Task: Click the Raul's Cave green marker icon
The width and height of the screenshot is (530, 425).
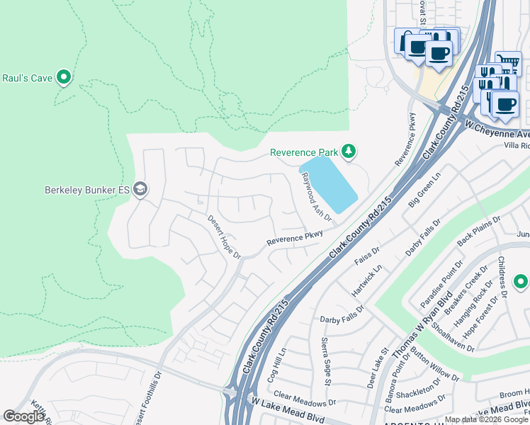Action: [64, 76]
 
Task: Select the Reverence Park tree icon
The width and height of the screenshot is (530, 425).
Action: [348, 151]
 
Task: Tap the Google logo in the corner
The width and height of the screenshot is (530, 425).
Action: [24, 416]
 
